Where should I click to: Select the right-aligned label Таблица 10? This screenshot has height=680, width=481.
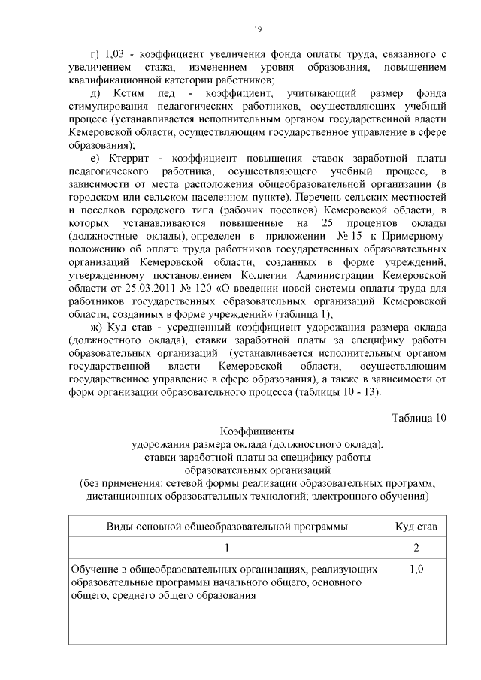(419, 418)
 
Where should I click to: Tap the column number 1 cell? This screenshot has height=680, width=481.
(226, 547)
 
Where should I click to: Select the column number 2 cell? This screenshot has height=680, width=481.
(416, 547)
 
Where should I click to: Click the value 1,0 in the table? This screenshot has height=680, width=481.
(416, 570)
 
